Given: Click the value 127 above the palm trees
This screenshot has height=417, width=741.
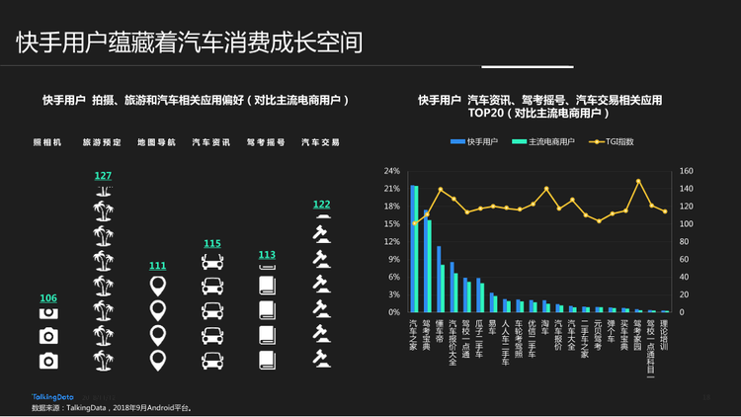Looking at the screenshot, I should click(x=103, y=176).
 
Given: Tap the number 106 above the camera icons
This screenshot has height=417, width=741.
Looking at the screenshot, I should click(x=48, y=298).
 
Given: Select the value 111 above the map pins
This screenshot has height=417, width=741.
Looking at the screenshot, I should click(x=157, y=266).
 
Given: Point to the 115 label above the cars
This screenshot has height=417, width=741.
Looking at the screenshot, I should click(x=212, y=244).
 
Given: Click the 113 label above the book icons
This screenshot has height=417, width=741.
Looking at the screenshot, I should click(x=267, y=255).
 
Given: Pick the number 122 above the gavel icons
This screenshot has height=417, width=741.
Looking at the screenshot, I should click(x=321, y=205).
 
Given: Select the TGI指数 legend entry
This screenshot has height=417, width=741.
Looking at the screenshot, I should click(x=617, y=142).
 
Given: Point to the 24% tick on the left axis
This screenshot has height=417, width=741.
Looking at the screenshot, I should click(x=391, y=170).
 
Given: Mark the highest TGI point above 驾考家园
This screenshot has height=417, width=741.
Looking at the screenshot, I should click(x=639, y=182).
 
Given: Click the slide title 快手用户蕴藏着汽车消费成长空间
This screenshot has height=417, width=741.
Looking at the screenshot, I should click(x=189, y=42).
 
